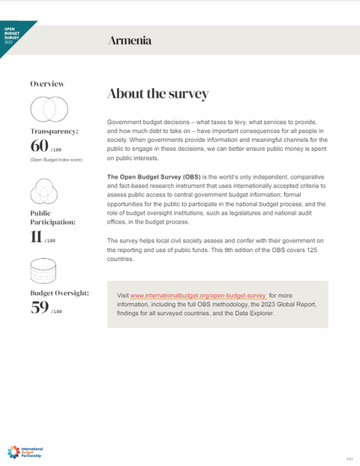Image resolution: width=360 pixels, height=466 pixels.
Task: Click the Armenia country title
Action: tap(129, 41)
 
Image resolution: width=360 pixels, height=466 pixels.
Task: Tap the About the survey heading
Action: tap(157, 94)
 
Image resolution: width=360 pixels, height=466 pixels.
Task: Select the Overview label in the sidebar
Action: tap(47, 83)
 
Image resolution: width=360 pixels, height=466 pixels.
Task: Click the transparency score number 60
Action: tap(39, 146)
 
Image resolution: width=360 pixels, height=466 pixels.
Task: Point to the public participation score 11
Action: tap(35, 238)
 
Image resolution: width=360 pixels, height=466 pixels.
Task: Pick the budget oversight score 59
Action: tap(39, 307)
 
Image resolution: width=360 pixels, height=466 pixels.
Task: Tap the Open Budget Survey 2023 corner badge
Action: tap(10, 35)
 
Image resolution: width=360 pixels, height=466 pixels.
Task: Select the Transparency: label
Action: tap(54, 131)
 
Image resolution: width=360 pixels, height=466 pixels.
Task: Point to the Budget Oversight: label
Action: tap(59, 293)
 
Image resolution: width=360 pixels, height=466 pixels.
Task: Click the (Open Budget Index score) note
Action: tap(56, 160)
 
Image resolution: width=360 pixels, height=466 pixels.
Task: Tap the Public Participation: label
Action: tap(52, 218)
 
